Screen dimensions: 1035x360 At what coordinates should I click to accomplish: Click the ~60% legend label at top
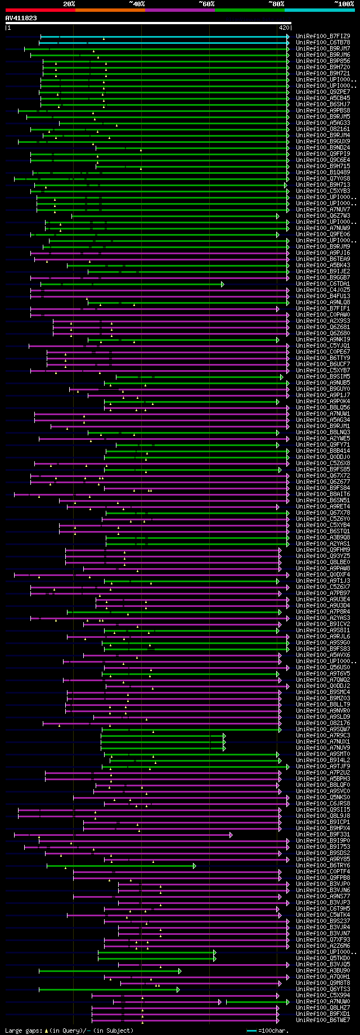tap(206, 3)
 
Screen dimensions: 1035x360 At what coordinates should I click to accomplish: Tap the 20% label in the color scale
tap(69, 3)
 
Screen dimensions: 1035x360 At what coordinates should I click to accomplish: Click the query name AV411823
tap(21, 18)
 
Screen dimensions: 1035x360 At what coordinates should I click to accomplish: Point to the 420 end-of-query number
tap(283, 27)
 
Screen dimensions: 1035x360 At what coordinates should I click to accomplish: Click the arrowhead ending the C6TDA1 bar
tap(223, 284)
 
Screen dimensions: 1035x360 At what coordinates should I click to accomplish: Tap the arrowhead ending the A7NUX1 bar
tap(224, 742)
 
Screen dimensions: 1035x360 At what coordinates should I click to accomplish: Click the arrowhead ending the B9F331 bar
tap(231, 835)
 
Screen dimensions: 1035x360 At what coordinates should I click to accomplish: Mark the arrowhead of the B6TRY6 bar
tap(195, 866)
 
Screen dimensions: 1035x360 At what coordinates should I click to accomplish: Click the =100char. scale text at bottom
tap(275, 1030)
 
